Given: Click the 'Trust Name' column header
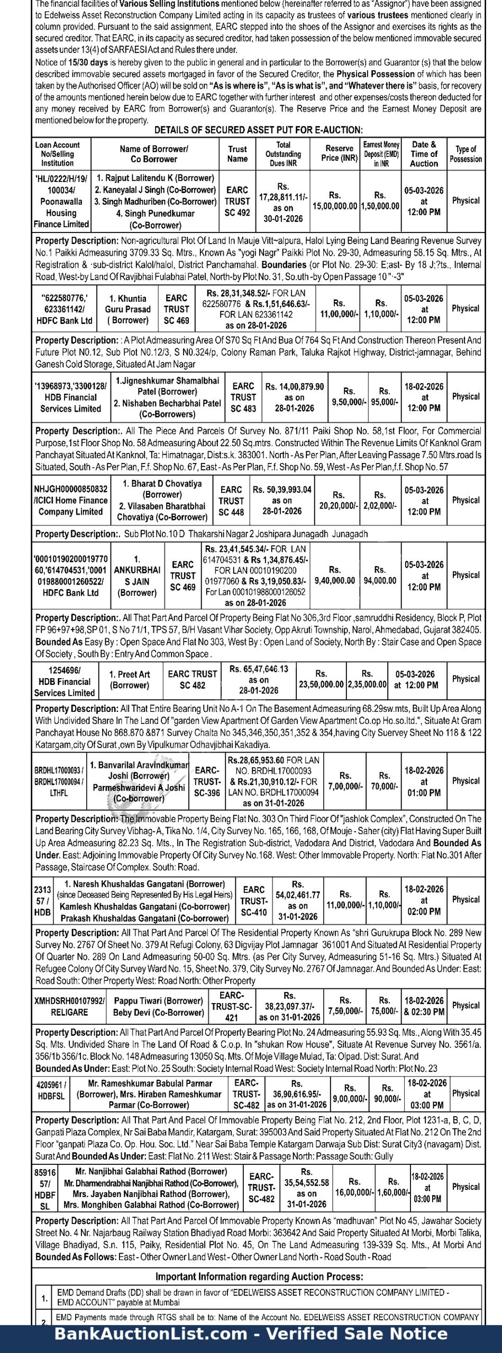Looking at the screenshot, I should coord(238,154).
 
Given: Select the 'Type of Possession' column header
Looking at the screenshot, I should coord(466,154).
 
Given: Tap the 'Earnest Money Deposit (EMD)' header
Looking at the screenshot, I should coord(381,154).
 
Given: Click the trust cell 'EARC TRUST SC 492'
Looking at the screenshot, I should coord(237,201).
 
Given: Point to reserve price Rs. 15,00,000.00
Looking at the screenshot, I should coord(334,201).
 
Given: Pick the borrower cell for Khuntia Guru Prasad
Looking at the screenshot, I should coord(127,309).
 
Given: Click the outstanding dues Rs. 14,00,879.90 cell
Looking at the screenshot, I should coord(294,397).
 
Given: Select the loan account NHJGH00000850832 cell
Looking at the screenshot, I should coord(70,501).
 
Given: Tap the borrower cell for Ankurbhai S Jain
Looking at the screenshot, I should coord(137,576).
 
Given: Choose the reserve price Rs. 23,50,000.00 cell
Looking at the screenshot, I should coord(321,679).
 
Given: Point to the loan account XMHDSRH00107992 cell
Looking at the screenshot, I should coord(69,1006).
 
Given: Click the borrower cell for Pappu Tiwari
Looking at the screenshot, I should coord(158,1006).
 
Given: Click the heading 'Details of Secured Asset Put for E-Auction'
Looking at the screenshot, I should coord(258,130).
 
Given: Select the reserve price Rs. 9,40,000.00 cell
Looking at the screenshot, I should coord(334,576).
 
